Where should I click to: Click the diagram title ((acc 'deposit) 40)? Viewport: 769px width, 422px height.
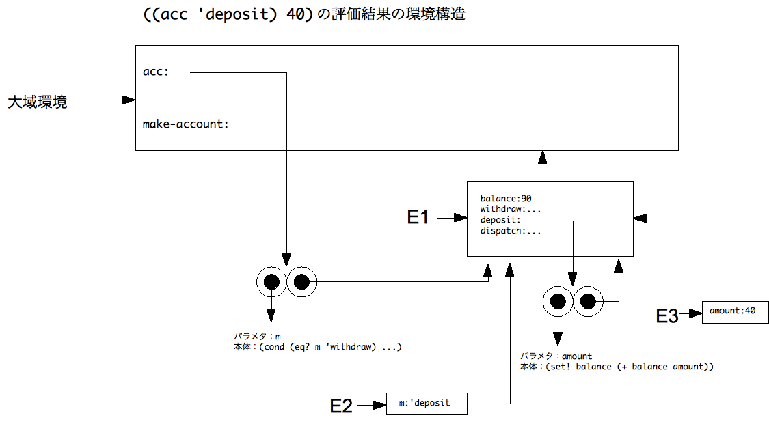point(228,14)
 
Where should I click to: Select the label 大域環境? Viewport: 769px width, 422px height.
point(38,102)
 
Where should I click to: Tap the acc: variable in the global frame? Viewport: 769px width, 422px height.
point(155,72)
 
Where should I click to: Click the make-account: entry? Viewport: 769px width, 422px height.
point(185,124)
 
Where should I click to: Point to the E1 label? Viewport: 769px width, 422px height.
point(418,217)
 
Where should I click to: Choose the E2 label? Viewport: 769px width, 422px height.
point(341,406)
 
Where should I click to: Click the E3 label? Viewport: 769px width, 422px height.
point(667,316)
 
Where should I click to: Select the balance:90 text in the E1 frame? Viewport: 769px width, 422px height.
point(506,199)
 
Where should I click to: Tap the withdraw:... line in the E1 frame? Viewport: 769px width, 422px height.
point(511,209)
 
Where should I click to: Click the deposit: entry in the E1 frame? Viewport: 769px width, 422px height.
point(500,220)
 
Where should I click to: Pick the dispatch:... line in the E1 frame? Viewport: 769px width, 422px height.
point(511,231)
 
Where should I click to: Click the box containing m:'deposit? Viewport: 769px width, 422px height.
point(427,404)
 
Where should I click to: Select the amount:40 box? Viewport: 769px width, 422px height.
point(735,312)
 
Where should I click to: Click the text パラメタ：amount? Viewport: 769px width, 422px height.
point(556,356)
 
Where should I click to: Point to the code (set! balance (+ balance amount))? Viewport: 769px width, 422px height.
point(630,367)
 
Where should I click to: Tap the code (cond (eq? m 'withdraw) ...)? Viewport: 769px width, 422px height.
point(331,347)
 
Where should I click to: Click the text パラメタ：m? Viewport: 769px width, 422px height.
point(258,336)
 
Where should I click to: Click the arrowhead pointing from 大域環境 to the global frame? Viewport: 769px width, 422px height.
point(129,100)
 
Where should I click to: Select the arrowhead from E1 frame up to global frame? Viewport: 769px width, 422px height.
point(543,157)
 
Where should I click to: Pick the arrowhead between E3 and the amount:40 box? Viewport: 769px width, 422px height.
point(696,313)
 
